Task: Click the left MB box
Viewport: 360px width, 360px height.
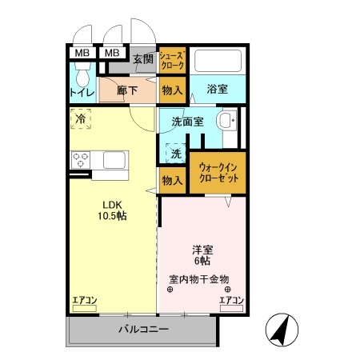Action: point(81,54)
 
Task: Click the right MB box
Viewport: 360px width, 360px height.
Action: point(112,54)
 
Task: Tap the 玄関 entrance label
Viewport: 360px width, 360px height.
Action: point(143,58)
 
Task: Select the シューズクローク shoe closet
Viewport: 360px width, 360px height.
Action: point(172,60)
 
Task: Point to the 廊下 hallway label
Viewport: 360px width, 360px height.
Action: point(127,90)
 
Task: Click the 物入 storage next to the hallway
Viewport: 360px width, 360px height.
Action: point(172,90)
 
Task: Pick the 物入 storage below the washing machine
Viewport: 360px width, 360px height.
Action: point(172,180)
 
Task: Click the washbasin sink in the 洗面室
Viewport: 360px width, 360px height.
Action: point(226,122)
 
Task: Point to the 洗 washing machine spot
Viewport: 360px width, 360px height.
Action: point(176,152)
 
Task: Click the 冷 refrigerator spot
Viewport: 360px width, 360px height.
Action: point(81,119)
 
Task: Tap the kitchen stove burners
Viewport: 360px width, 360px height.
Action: point(81,160)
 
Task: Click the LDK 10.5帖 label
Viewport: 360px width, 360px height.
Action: point(110,210)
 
